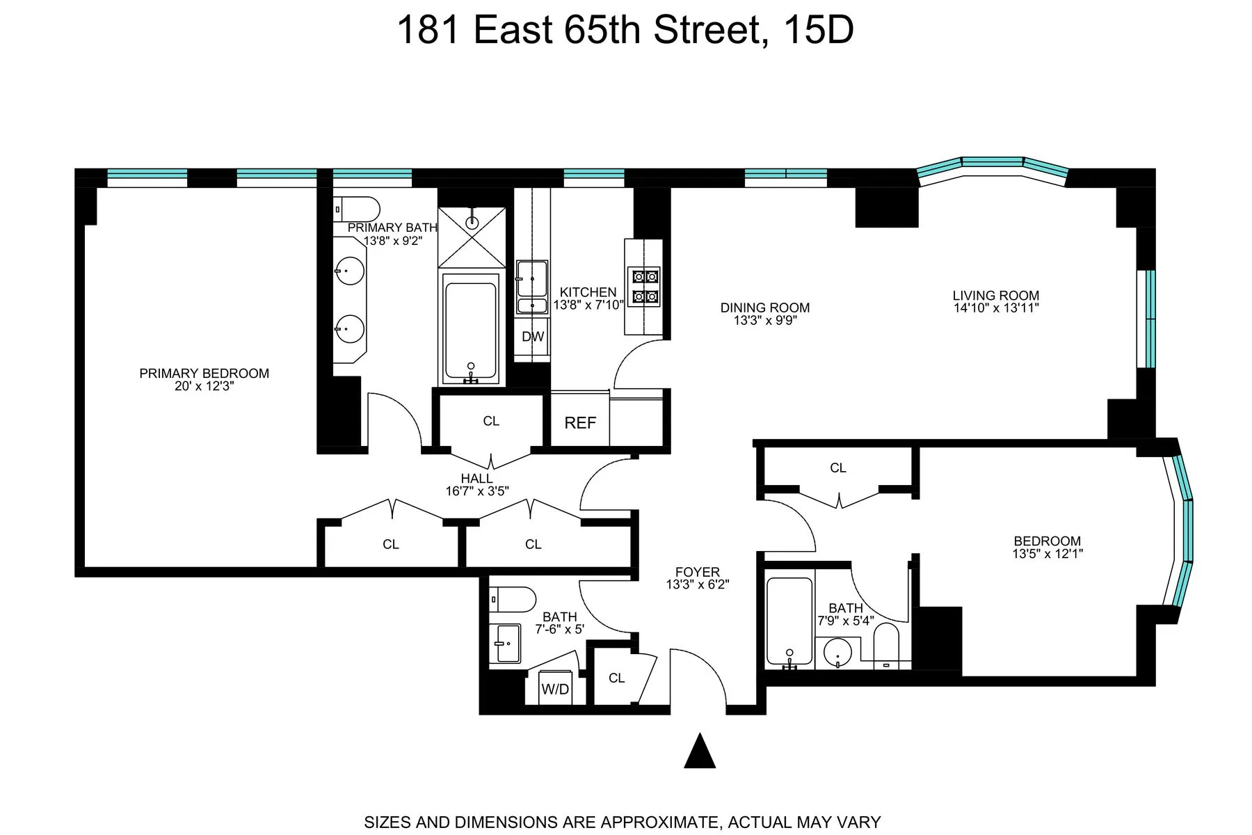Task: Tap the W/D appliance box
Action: [x=555, y=689]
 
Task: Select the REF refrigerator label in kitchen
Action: [x=580, y=422]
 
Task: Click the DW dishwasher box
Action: [x=533, y=337]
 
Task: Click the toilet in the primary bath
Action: [x=358, y=209]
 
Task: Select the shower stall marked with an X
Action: [x=472, y=228]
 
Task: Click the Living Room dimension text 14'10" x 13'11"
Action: [x=995, y=308]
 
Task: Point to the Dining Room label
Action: [x=764, y=308]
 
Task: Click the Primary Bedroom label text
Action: [x=204, y=374]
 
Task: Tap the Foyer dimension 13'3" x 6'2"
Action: [x=697, y=585]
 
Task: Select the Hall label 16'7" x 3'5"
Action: [x=477, y=484]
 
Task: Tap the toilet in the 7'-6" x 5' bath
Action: [x=513, y=598]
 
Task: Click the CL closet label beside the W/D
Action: [x=616, y=678]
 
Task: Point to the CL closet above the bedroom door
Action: [x=837, y=468]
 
